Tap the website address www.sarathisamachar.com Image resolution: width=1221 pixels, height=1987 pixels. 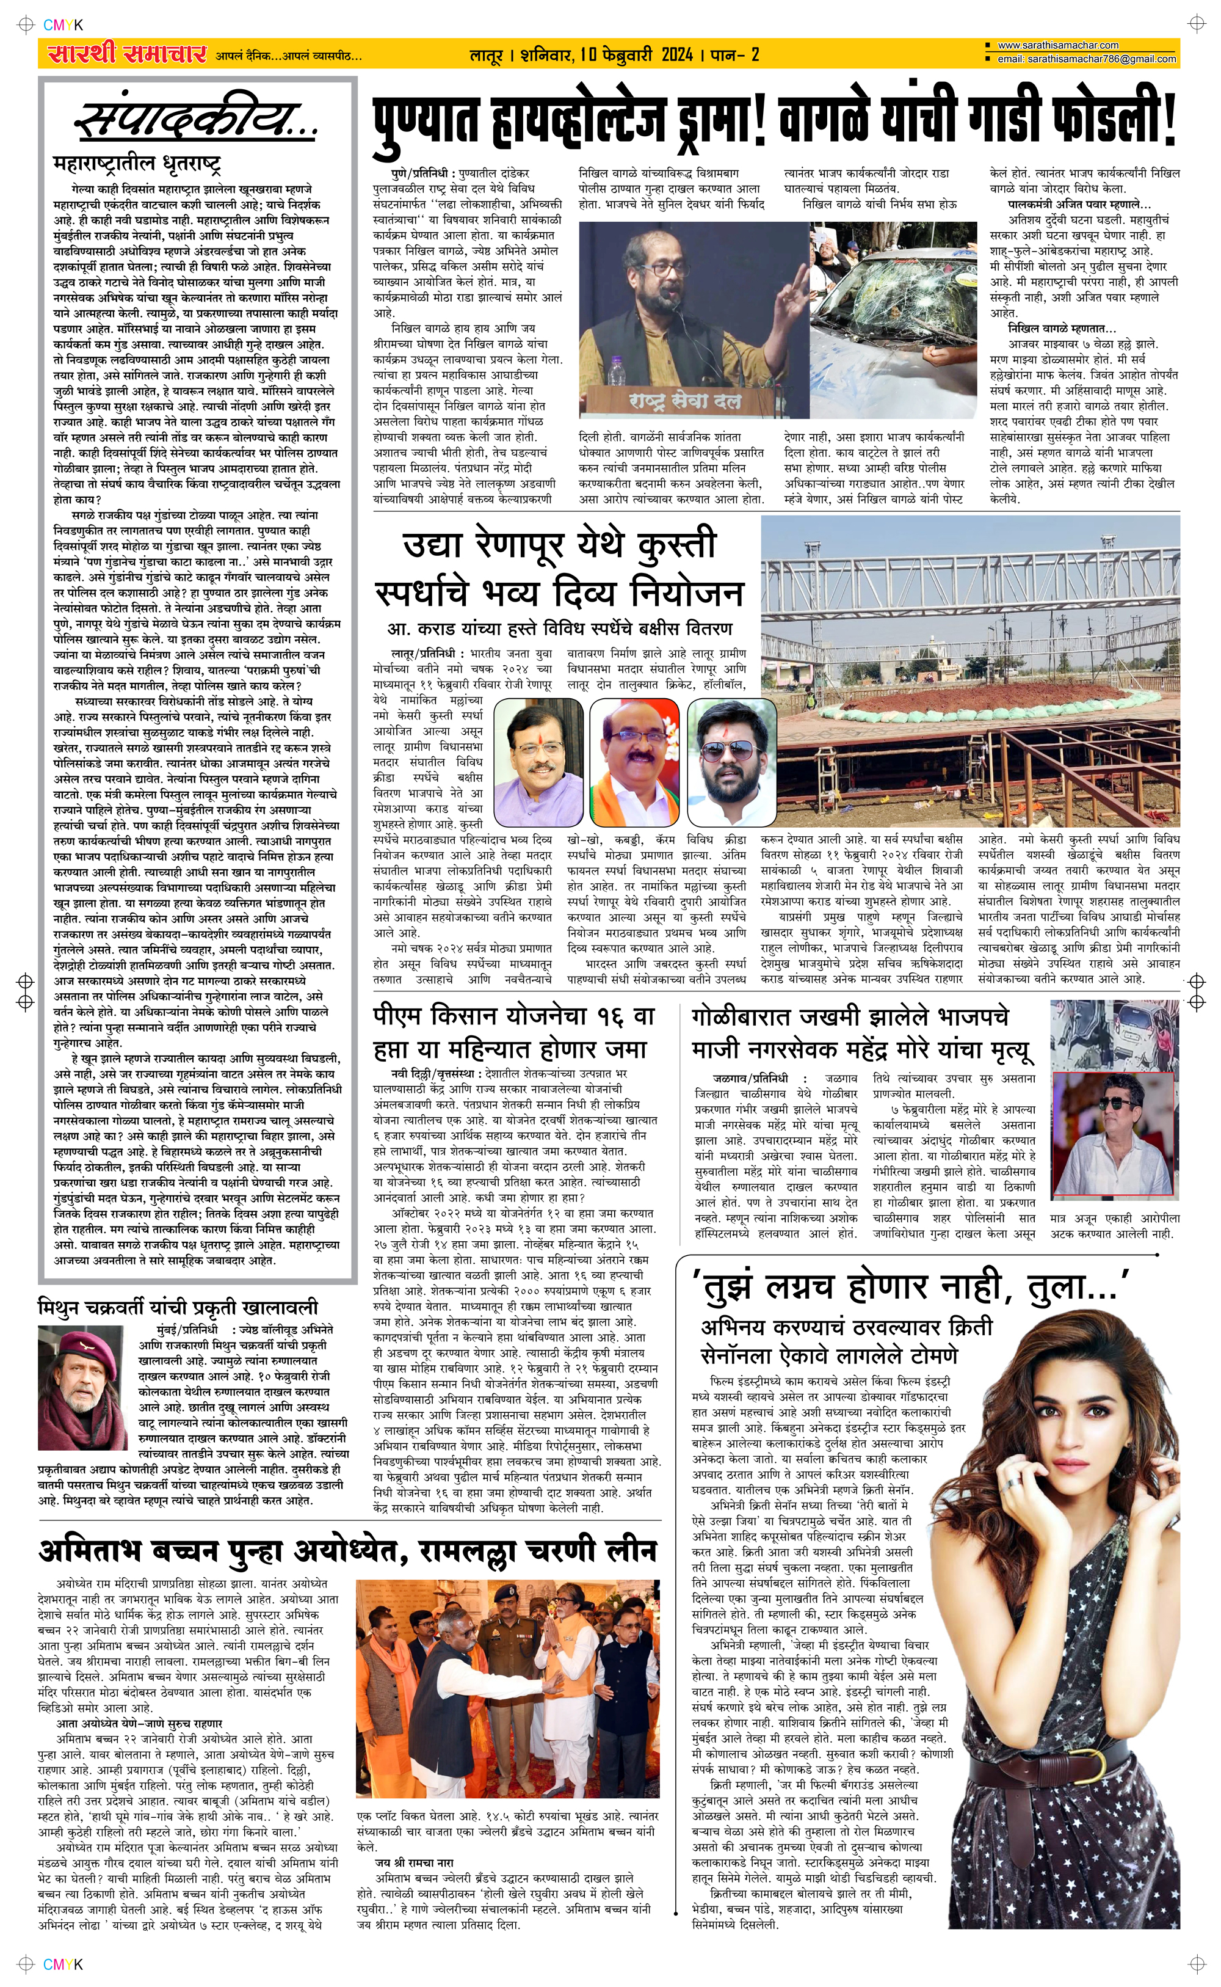pyautogui.click(x=1058, y=46)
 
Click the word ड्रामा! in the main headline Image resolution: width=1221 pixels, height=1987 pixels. pyautogui.click(x=716, y=120)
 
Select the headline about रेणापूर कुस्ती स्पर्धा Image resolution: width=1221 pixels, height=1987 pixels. pyautogui.click(x=557, y=568)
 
